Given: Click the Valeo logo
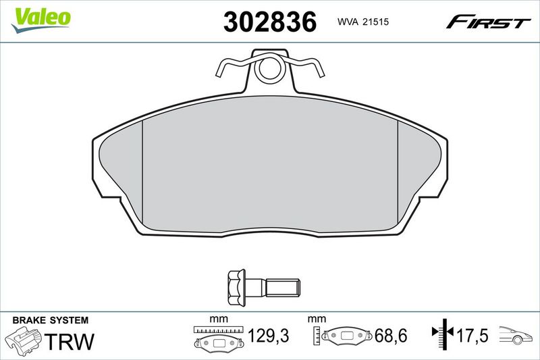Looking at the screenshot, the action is click(x=40, y=20).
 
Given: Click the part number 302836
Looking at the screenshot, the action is click(x=269, y=22).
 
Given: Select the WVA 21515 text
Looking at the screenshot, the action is click(x=363, y=22).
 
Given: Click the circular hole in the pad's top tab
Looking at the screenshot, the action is click(x=270, y=69).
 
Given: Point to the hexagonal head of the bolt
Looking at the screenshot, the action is click(x=236, y=288).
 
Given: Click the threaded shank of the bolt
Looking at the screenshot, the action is click(x=283, y=288).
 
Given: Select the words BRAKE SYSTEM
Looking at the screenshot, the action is click(x=50, y=320).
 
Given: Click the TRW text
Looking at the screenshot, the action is click(x=70, y=341).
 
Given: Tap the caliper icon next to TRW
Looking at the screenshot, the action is click(x=24, y=340).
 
